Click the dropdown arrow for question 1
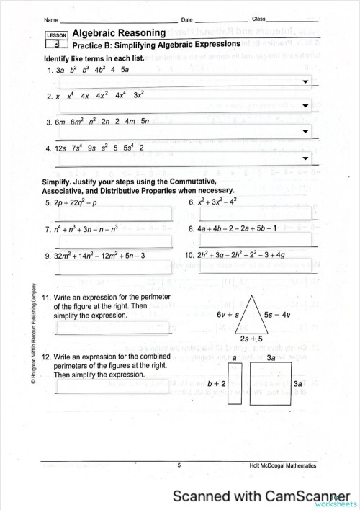click(x=306, y=82)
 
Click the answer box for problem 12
click(x=113, y=387)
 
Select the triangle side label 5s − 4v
click(x=276, y=315)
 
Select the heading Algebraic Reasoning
click(x=120, y=33)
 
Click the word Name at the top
click(x=51, y=19)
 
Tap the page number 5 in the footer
click(x=179, y=466)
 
